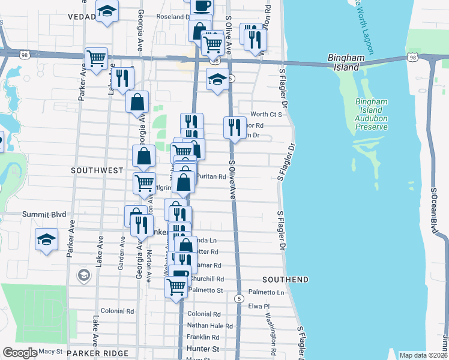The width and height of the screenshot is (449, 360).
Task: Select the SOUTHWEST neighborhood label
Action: pyautogui.click(x=97, y=170)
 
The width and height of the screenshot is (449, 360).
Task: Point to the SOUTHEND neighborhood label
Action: pyautogui.click(x=285, y=280)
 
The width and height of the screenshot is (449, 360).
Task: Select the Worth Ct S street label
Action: pyautogui.click(x=266, y=114)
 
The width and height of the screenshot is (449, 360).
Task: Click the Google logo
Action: pyautogui.click(x=20, y=353)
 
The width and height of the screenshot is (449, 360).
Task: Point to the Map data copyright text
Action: pyautogui.click(x=423, y=355)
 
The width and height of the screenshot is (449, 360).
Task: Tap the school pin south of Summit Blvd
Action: pyautogui.click(x=47, y=239)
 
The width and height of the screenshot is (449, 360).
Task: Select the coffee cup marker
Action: pyautogui.click(x=202, y=5)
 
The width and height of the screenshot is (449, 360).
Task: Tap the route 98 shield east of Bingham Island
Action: pyautogui.click(x=411, y=57)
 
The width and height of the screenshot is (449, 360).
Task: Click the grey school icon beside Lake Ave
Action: pyautogui.click(x=84, y=275)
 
